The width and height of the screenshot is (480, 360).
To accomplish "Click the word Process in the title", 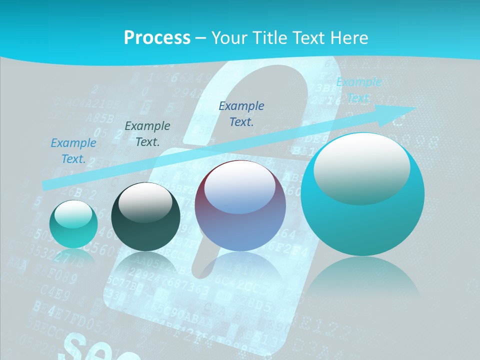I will [x=157, y=38].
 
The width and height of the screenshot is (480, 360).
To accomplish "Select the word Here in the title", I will [x=348, y=38].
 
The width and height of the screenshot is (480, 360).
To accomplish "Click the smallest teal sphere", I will [x=73, y=224].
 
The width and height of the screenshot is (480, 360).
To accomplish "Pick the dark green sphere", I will [x=145, y=217].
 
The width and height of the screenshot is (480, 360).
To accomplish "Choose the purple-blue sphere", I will [x=240, y=206].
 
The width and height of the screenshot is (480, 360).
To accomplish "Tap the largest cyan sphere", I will [x=362, y=194].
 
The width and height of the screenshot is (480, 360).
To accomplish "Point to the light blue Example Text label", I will [x=73, y=151].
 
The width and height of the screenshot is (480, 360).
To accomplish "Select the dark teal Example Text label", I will [x=147, y=134].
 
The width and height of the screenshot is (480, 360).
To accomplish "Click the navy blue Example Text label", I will [x=241, y=113].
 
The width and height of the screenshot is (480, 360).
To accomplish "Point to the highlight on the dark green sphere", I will [x=145, y=202].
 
